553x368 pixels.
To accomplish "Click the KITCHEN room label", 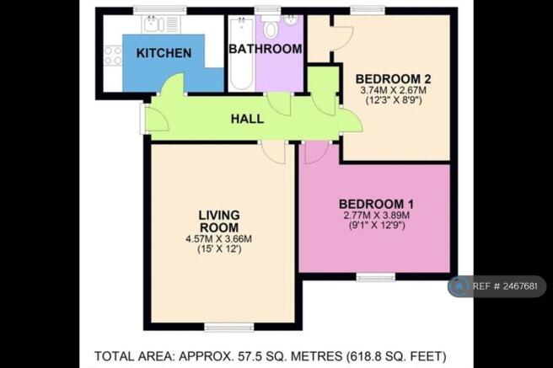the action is [164, 53].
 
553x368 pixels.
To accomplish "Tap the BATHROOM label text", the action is [266, 49].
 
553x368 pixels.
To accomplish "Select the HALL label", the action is [247, 119].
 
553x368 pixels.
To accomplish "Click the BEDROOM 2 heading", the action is [393, 78].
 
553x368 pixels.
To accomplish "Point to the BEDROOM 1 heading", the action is [376, 204].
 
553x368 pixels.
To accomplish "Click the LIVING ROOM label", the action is [218, 221].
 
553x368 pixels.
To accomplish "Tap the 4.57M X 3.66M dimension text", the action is [218, 239].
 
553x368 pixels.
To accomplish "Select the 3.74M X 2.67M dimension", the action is [393, 90].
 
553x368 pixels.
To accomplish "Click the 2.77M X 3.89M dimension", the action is [376, 216].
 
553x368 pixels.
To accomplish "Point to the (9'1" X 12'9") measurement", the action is [376, 225].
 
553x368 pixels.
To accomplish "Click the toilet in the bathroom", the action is [271, 26].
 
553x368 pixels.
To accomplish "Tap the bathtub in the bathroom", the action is [242, 53].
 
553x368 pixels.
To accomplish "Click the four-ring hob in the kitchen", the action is [113, 56].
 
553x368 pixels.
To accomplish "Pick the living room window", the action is [229, 328].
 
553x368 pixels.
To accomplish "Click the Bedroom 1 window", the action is [376, 278].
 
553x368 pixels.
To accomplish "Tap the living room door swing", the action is [274, 152].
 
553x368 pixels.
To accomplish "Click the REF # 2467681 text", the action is [505, 286].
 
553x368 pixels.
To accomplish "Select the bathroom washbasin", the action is [292, 20].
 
